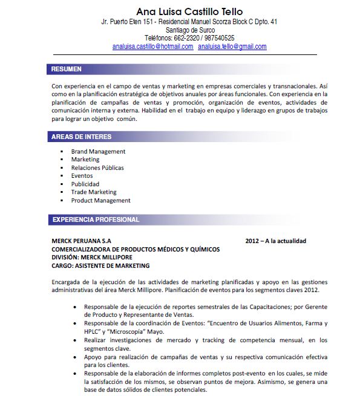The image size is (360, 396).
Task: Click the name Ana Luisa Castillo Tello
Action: [x=189, y=11]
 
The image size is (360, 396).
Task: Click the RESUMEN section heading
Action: [x=66, y=70]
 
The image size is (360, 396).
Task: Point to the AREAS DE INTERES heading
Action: [x=81, y=137]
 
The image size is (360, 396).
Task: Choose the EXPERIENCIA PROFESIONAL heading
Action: [x=96, y=219]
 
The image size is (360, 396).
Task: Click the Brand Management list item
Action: [x=98, y=151]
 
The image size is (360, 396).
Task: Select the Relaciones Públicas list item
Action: [x=97, y=167]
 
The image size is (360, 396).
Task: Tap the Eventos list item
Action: [x=82, y=176]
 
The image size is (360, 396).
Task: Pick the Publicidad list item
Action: [x=85, y=184]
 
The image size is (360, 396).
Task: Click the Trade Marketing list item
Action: [x=94, y=192]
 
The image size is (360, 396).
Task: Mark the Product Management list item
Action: [x=100, y=200]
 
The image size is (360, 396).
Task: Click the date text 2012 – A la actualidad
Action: [x=275, y=241]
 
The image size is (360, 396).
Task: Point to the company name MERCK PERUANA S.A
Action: [x=81, y=241]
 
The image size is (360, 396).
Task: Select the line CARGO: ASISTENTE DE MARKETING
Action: [x=100, y=265]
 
